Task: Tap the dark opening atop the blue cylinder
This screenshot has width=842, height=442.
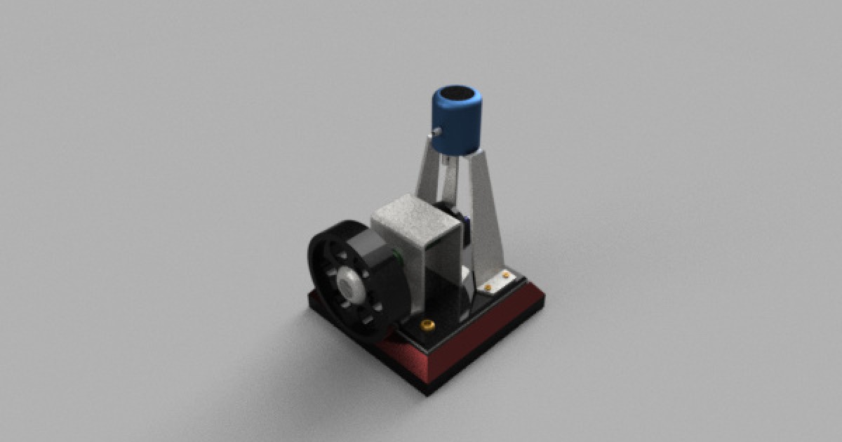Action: tap(457, 94)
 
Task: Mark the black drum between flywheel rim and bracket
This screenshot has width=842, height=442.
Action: tap(382, 281)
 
